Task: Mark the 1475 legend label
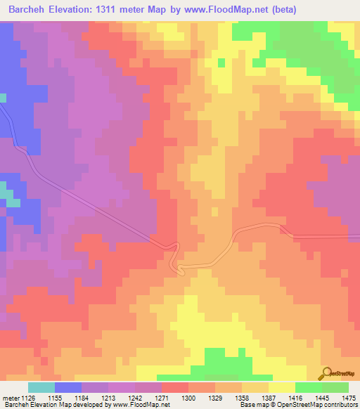(x=348, y=397)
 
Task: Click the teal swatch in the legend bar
(x=41, y=387)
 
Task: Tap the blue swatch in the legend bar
(x=68, y=387)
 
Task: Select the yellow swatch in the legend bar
(x=281, y=387)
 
